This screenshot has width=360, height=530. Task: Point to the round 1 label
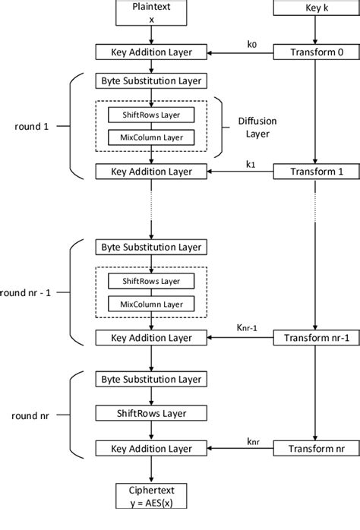coord(36,126)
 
